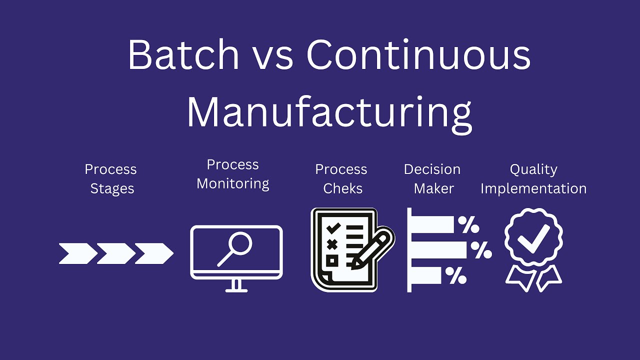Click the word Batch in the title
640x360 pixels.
coord(183,54)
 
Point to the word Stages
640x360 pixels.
coord(112,189)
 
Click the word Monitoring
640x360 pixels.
coord(233,184)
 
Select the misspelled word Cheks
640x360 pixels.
coord(342,188)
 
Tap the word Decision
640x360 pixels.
coord(432,169)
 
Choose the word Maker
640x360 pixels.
coord(433,188)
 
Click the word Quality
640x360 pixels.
coord(533,169)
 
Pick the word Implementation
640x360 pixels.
coord(533,188)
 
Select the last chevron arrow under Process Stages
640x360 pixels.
coord(154,253)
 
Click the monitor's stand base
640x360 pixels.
coord(236,289)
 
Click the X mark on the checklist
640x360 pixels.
coord(331,244)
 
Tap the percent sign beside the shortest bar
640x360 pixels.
coord(456,275)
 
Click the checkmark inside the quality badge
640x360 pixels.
coord(533,238)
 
